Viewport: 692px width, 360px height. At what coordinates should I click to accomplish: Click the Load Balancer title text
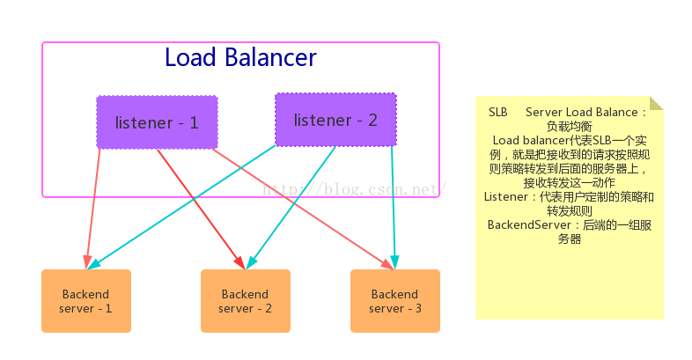[240, 58]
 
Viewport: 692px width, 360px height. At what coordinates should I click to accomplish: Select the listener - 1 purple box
[157, 122]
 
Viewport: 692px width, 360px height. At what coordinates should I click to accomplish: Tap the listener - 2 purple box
[335, 120]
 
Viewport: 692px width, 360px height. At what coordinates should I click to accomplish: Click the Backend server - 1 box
[86, 301]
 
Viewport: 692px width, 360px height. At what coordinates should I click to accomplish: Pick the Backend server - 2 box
[246, 301]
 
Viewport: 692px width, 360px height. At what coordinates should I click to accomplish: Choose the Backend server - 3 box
[395, 301]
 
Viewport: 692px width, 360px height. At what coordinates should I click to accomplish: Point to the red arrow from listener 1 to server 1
[93, 209]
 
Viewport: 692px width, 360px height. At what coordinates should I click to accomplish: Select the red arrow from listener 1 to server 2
[202, 209]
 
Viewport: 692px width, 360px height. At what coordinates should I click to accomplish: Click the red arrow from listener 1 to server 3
[303, 209]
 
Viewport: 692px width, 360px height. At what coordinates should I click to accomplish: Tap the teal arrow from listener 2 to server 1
[181, 207]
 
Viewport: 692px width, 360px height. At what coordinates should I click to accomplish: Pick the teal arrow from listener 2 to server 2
[291, 208]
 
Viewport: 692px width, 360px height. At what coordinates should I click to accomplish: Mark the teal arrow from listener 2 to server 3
[394, 208]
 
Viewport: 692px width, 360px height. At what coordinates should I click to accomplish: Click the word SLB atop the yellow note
[497, 112]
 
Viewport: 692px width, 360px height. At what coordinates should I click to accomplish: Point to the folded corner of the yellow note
[657, 103]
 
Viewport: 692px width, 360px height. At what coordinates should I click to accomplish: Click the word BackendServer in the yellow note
[529, 225]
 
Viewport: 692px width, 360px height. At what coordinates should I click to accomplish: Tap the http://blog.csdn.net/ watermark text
[355, 189]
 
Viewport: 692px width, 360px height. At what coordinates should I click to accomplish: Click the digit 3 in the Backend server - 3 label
[418, 308]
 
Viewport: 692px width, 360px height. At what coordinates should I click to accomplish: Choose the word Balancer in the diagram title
[270, 58]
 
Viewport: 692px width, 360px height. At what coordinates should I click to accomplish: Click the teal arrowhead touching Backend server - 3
[394, 262]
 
